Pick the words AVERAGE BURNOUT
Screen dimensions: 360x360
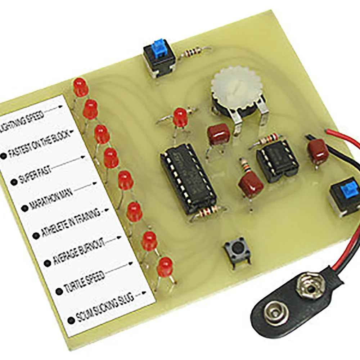click(x=79, y=252)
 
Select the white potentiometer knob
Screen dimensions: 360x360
click(x=236, y=88)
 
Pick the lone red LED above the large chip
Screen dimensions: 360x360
click(x=180, y=118)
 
